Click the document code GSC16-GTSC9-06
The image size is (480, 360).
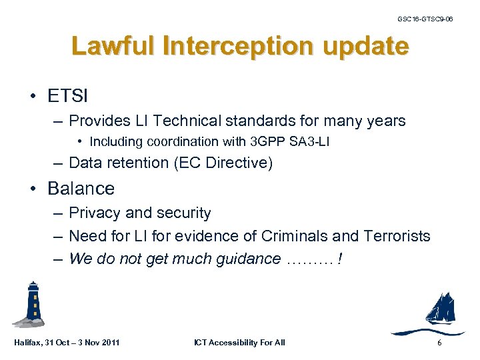pos(425,19)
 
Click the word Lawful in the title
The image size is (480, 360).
pos(106,47)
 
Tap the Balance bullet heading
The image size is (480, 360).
pos(81,189)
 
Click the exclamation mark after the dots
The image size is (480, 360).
pos(340,259)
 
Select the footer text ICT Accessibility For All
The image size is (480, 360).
pos(239,343)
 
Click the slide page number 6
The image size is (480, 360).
pos(439,343)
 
